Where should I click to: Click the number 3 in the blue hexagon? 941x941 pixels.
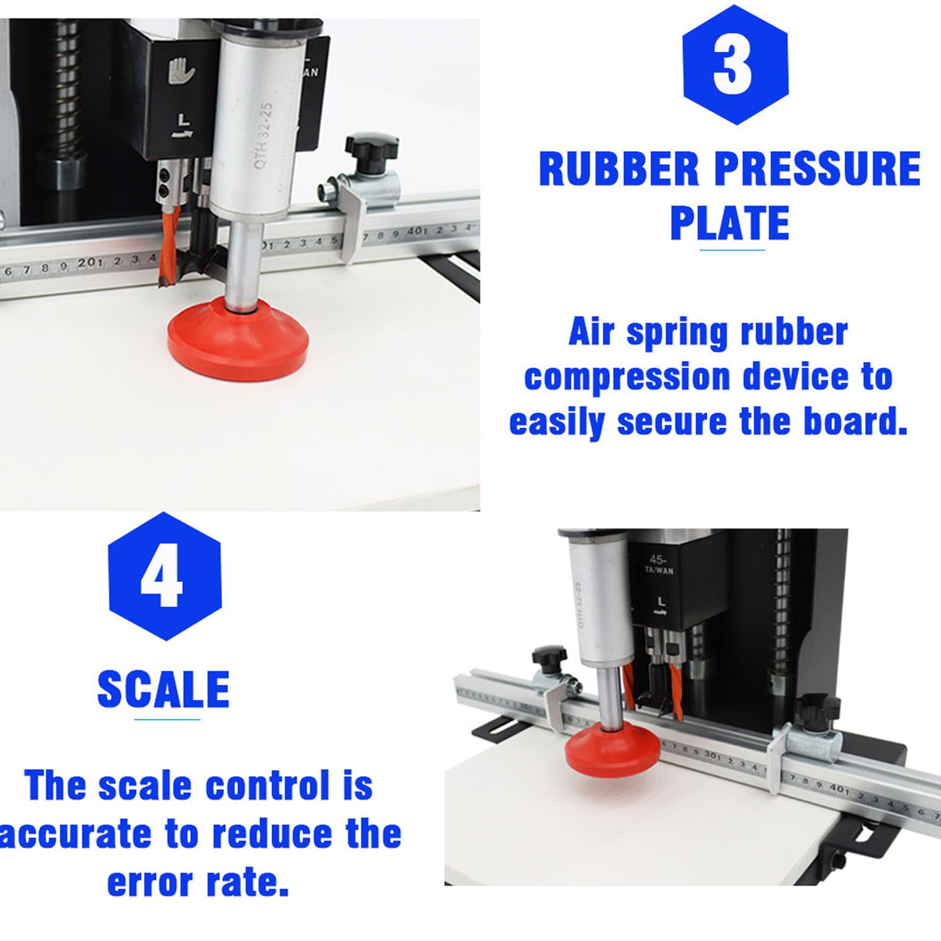pos(732,66)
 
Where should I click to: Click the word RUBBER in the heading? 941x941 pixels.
pos(619,170)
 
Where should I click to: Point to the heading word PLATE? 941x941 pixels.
pos(729,223)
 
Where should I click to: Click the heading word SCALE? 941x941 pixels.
pos(164,689)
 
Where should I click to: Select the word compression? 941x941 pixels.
pos(627,378)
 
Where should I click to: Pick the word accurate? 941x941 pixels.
pos(75,835)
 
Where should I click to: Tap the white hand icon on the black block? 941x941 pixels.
pos(181,71)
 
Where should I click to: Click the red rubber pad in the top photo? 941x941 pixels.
pos(238,340)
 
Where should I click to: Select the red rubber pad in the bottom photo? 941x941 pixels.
pos(612,749)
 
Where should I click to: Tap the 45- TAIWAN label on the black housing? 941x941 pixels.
pos(658,564)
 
